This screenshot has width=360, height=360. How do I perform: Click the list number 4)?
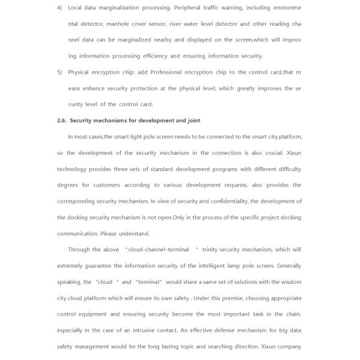coord(59,8)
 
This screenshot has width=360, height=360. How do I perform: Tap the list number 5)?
coord(59,72)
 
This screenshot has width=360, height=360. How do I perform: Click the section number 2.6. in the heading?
coord(62,121)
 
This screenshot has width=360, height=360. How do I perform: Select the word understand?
coord(135,234)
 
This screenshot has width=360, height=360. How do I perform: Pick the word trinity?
coord(212,250)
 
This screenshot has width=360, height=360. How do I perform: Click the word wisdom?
coord(291,282)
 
